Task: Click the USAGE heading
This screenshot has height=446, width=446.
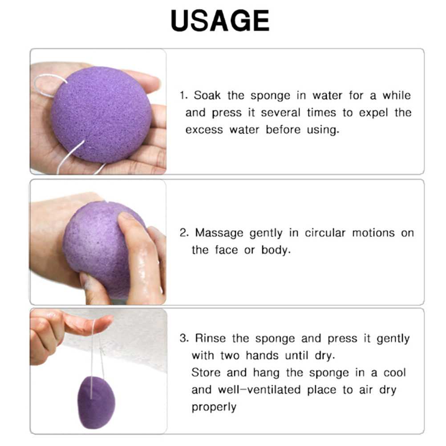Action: [220, 21]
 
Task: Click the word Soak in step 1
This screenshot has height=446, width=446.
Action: [207, 95]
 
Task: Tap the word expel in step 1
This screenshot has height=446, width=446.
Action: [373, 113]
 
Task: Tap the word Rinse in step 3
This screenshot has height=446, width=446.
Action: [210, 338]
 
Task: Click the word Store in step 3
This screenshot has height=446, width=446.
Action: [206, 373]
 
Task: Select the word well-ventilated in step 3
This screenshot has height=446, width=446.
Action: [259, 389]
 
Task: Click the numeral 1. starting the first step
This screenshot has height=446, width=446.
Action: [184, 95]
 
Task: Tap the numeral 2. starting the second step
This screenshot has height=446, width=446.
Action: [184, 233]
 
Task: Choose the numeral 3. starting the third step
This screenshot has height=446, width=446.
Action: [184, 338]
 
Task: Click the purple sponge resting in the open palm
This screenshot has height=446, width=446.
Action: [101, 114]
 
